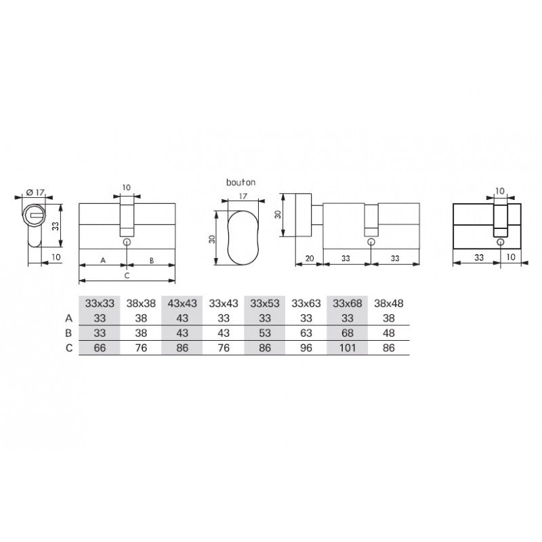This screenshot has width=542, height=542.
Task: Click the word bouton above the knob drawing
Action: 241,182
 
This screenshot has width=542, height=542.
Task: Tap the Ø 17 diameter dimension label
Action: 35,192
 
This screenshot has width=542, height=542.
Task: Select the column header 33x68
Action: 347,303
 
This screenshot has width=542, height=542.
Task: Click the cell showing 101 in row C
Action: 347,348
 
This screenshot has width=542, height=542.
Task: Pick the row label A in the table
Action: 69,318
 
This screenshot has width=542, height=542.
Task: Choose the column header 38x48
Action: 388,303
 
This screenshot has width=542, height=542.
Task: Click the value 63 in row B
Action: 306,333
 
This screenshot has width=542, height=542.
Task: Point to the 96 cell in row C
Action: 306,348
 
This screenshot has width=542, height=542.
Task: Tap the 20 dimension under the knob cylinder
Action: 310,258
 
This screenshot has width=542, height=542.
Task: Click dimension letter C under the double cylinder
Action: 127,276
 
